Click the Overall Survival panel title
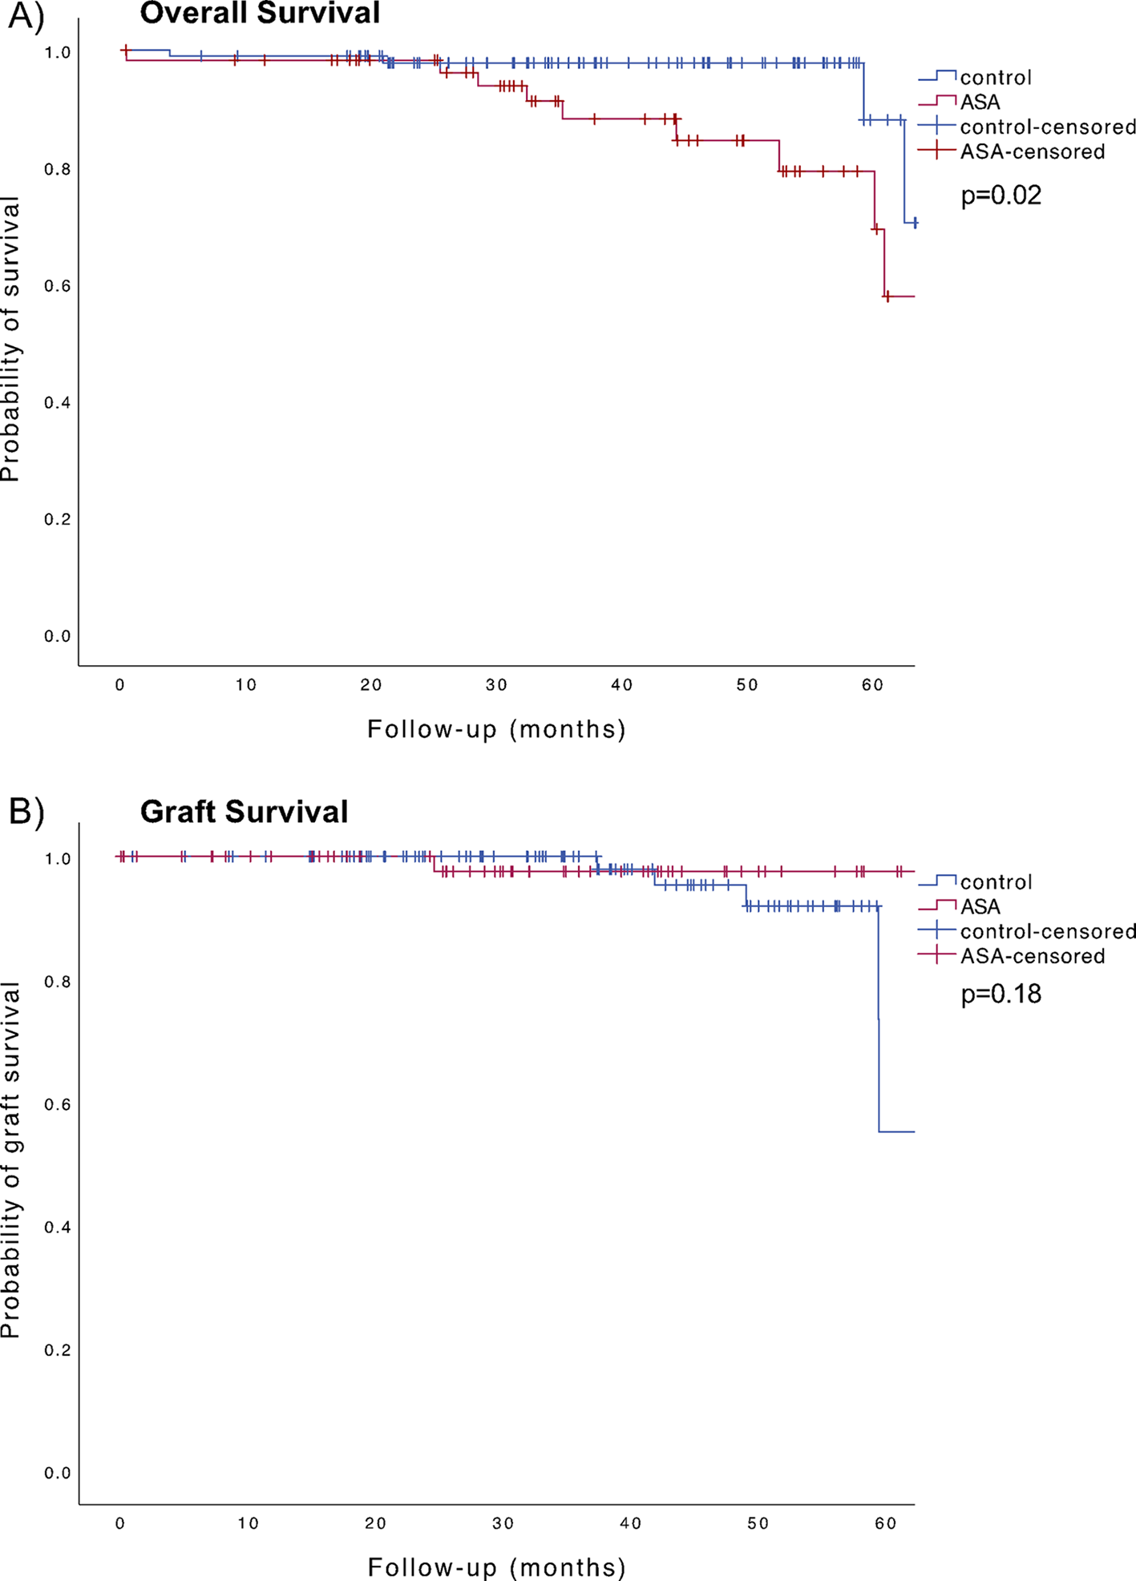click(x=260, y=13)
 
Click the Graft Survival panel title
click(x=244, y=812)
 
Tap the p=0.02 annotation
click(x=1001, y=195)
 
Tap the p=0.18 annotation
click(x=1001, y=994)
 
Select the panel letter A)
click(x=26, y=16)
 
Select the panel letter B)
click(x=26, y=812)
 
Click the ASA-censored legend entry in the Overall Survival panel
click(x=1032, y=151)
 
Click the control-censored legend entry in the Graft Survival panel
click(x=1047, y=931)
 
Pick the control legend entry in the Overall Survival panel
click(x=996, y=78)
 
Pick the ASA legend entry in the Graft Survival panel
click(x=980, y=906)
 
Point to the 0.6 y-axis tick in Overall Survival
click(x=57, y=286)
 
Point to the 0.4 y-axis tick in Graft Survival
click(x=57, y=1227)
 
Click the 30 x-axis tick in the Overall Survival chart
click(x=496, y=685)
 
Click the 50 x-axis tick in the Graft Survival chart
click(x=758, y=1523)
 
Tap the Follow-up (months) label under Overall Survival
click(x=496, y=729)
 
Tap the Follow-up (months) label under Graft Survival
click(x=496, y=1567)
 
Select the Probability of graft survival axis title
click(x=10, y=1161)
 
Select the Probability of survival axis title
click(x=10, y=341)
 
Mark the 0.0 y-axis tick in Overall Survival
click(x=57, y=636)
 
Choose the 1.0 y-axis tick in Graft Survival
click(x=57, y=859)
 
